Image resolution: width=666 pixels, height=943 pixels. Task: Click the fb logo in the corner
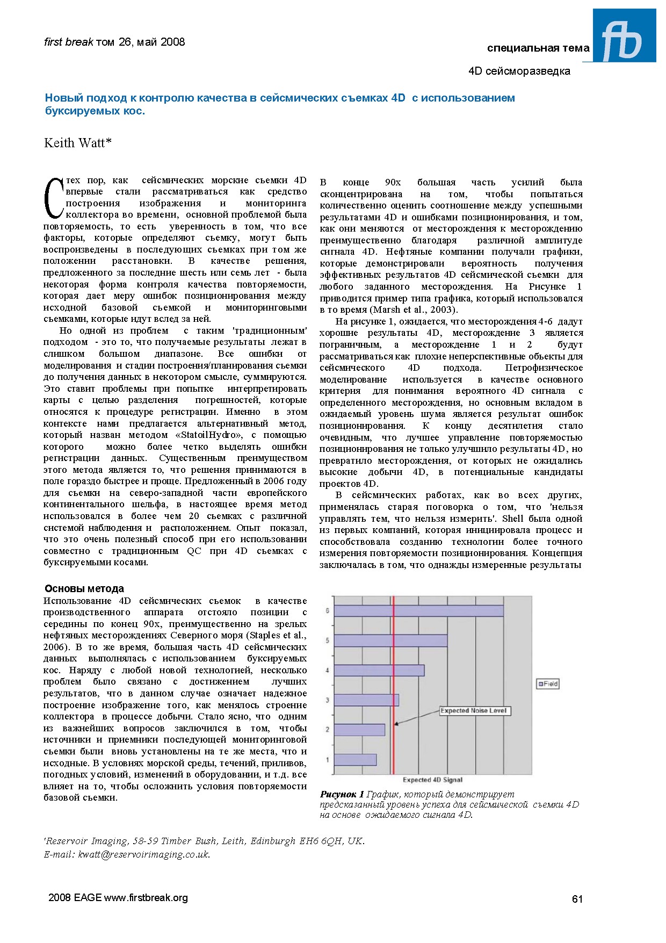tap(624, 35)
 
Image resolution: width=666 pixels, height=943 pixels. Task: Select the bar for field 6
tap(418, 611)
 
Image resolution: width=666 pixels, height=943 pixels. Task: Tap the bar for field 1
tap(355, 759)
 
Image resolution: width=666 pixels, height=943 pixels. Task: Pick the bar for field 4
tap(379, 670)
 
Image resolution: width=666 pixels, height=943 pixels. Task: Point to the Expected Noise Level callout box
tap(473, 710)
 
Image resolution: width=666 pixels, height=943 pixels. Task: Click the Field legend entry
tap(548, 683)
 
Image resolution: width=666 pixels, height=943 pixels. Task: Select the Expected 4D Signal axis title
tap(432, 780)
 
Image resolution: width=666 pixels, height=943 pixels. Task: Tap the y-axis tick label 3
tap(327, 700)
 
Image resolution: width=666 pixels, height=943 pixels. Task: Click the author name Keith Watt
tap(78, 143)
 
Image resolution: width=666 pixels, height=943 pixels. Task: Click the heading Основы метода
tap(84, 588)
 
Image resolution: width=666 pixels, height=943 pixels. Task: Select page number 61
tap(577, 899)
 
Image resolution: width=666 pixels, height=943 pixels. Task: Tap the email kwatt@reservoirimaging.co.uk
tap(144, 854)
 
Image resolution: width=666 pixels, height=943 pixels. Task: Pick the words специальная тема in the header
tap(538, 48)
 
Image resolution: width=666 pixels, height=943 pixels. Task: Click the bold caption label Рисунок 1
tap(342, 794)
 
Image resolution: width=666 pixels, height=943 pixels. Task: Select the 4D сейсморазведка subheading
tap(519, 71)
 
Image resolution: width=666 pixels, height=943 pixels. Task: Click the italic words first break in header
tap(68, 42)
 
